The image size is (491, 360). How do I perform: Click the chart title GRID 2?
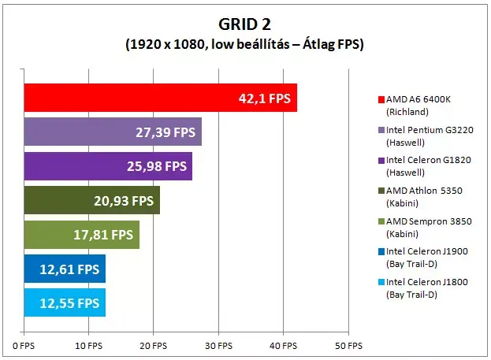244,24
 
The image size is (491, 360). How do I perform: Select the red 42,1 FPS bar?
161,98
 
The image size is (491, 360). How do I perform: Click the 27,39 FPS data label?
166,132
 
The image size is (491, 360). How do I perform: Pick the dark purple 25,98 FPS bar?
108,166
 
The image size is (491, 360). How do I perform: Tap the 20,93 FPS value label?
124,201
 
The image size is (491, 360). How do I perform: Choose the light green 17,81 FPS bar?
82,235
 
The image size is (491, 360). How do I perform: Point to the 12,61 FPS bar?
65,269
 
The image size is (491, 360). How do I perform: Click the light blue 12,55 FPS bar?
65,302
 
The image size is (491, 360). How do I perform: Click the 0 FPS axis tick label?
24,346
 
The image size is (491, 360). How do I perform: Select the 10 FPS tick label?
88,346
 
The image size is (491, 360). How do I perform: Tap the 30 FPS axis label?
218,346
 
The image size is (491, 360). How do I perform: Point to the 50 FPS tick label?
348,346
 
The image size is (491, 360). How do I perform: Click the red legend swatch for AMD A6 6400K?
381,99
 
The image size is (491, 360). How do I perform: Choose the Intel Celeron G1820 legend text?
429,166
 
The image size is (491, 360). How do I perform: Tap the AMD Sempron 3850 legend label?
429,228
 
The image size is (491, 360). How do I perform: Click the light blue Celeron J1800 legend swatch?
381,282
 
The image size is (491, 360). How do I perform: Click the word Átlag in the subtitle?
319,44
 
